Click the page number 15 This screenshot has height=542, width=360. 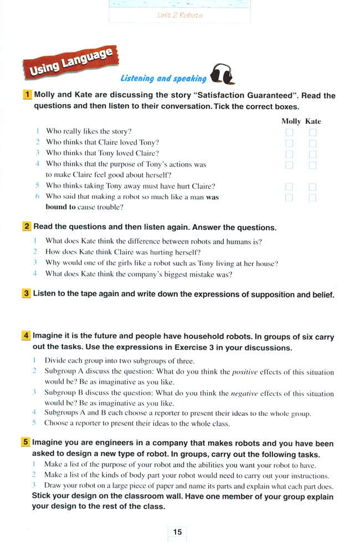(x=177, y=531)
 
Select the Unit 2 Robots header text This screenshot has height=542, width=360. (x=180, y=15)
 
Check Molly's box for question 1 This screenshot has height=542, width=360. (x=289, y=132)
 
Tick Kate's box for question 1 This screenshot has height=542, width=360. (x=312, y=132)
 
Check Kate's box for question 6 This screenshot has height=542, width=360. (x=312, y=198)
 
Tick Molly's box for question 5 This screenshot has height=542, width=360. (x=289, y=187)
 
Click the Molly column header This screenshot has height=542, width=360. (x=291, y=121)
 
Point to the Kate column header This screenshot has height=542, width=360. (x=313, y=121)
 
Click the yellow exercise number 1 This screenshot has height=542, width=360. (x=27, y=95)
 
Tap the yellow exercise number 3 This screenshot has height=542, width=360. (x=27, y=294)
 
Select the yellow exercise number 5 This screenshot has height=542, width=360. (x=26, y=443)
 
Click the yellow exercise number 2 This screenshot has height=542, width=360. (x=27, y=227)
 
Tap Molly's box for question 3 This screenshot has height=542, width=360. (x=289, y=154)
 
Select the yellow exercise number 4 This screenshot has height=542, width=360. (x=26, y=337)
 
